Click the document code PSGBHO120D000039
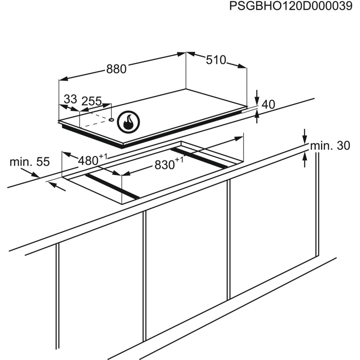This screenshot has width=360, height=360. click(x=290, y=7)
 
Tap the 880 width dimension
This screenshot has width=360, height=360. click(x=116, y=69)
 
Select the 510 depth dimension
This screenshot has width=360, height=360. click(x=216, y=60)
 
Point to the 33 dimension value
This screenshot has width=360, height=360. click(x=70, y=100)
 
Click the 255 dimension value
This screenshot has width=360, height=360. click(x=91, y=101)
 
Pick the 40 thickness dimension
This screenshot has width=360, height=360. click(x=268, y=104)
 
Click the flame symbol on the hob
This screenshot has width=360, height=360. click(x=129, y=122)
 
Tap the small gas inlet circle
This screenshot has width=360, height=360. click(x=111, y=119)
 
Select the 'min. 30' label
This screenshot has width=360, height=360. click(x=330, y=146)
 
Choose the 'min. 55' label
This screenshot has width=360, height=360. click(x=30, y=162)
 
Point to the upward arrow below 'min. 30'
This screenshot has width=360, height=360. click(x=305, y=159)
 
